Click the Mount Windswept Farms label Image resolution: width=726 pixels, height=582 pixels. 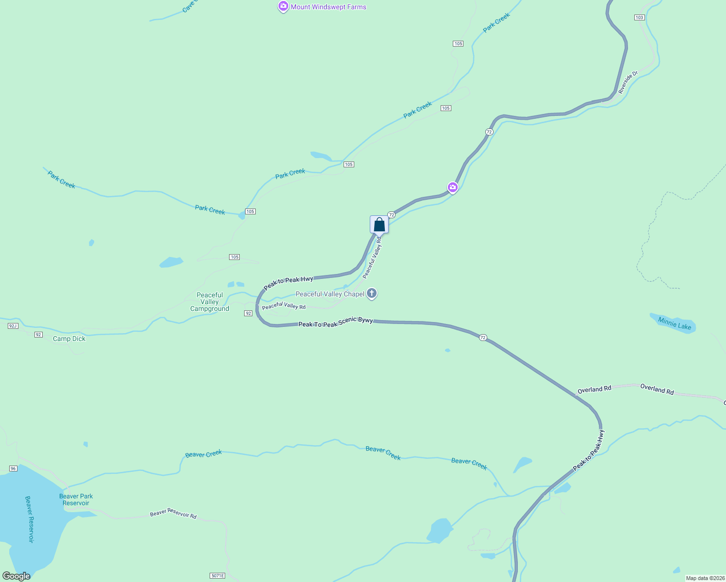point(329,7)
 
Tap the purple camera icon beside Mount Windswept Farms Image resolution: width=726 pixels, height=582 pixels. point(283,6)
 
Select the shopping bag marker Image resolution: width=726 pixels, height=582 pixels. point(379,225)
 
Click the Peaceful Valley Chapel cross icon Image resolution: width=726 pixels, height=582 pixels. point(372,293)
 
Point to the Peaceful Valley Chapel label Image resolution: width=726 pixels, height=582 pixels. point(330,294)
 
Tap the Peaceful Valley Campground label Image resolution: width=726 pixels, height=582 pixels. point(210,302)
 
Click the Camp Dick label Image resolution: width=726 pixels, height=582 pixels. point(69,339)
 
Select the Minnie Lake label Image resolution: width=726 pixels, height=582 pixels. point(675,323)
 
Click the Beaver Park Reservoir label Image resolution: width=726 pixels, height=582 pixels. point(76,500)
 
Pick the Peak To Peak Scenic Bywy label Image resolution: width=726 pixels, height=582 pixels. point(335,323)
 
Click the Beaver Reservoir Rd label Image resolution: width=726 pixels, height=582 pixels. point(173,513)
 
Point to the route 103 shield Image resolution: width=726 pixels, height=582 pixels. point(639,17)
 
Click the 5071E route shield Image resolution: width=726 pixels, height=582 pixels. point(217,576)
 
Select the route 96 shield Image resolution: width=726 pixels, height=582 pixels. point(13,469)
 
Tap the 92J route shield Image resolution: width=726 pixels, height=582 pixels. point(13,326)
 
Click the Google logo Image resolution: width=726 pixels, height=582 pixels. point(16,576)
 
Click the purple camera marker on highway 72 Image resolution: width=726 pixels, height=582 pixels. point(452,187)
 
